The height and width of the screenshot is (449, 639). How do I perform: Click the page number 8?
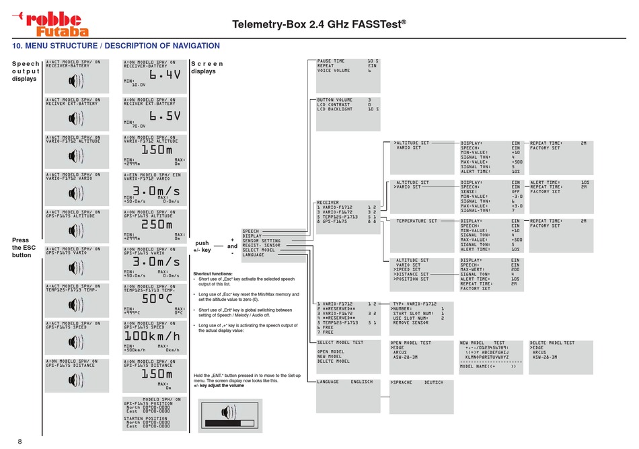click(20, 441)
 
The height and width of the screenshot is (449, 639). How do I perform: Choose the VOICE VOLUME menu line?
click(334, 70)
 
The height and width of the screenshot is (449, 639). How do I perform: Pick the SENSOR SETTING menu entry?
click(262, 240)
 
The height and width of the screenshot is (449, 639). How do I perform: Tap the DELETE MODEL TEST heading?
click(552, 343)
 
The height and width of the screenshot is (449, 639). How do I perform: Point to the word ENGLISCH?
click(380, 382)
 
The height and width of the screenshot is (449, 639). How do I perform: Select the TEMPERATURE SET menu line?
click(416, 221)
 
